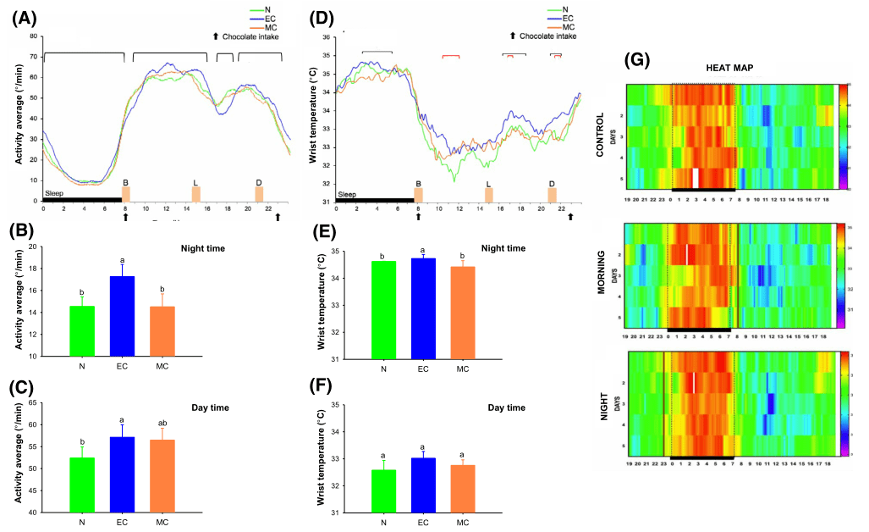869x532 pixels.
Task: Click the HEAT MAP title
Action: click(730, 69)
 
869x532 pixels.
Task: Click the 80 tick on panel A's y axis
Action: click(33, 37)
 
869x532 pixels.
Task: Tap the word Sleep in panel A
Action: click(54, 193)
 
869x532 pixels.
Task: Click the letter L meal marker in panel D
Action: click(488, 184)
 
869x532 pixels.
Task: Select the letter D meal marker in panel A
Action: click(259, 182)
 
